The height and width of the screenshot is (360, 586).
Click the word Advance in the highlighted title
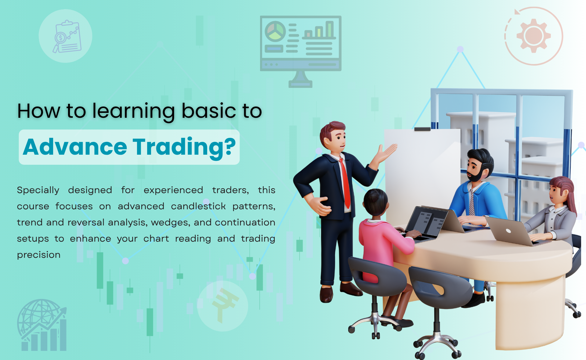75,147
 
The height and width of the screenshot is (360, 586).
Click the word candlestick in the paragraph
198,206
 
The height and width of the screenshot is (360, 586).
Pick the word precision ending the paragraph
39,255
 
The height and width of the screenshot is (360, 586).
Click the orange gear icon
534,36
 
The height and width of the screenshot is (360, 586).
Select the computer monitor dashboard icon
301,52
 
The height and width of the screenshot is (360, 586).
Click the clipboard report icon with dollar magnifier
67,37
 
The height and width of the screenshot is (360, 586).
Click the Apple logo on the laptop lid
508,231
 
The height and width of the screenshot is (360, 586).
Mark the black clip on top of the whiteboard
422,129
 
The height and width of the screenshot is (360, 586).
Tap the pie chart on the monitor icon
275,31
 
